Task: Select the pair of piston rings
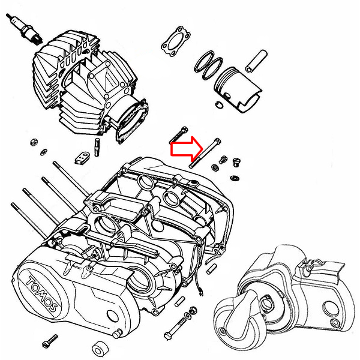[x=208, y=65]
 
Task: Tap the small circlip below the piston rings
[x=221, y=106]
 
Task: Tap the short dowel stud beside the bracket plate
[x=97, y=145]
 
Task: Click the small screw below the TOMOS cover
[x=49, y=344]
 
